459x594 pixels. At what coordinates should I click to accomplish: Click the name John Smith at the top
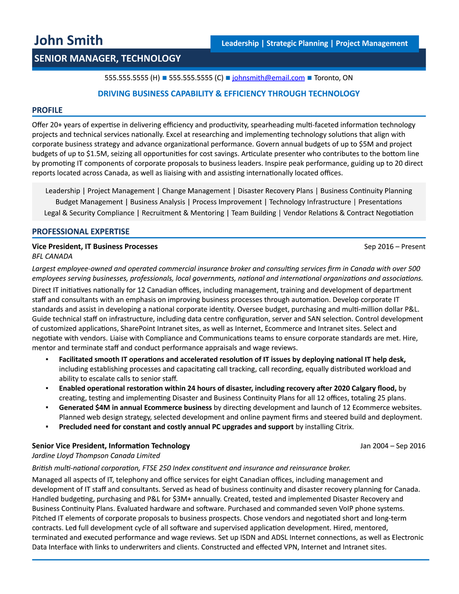pos(68,40)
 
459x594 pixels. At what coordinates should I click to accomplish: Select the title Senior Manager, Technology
pos(107,59)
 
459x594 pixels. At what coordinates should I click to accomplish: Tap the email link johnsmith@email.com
pos(268,78)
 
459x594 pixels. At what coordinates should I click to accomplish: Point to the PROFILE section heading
pos(47,110)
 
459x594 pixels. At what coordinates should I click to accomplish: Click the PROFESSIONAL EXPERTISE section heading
pos(81,231)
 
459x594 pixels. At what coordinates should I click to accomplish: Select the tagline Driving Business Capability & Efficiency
pos(228,94)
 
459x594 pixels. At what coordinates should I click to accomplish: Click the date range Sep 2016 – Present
pos(394,247)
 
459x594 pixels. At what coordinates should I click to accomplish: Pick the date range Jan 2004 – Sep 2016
pos(392,446)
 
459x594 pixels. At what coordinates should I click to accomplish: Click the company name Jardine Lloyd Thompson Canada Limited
pos(96,456)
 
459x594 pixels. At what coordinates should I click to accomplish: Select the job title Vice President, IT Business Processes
pos(94,247)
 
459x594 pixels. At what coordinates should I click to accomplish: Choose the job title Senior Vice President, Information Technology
pos(111,446)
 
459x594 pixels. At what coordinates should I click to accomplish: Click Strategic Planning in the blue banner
pos(297,44)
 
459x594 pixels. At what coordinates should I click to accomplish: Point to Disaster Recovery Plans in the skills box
pos(275,191)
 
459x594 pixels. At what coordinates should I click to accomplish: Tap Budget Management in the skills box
pos(89,202)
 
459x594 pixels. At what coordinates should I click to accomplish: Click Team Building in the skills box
pos(254,213)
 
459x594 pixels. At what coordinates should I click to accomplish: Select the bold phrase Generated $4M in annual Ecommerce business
pos(135,408)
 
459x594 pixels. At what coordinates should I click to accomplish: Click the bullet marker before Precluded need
pos(47,426)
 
